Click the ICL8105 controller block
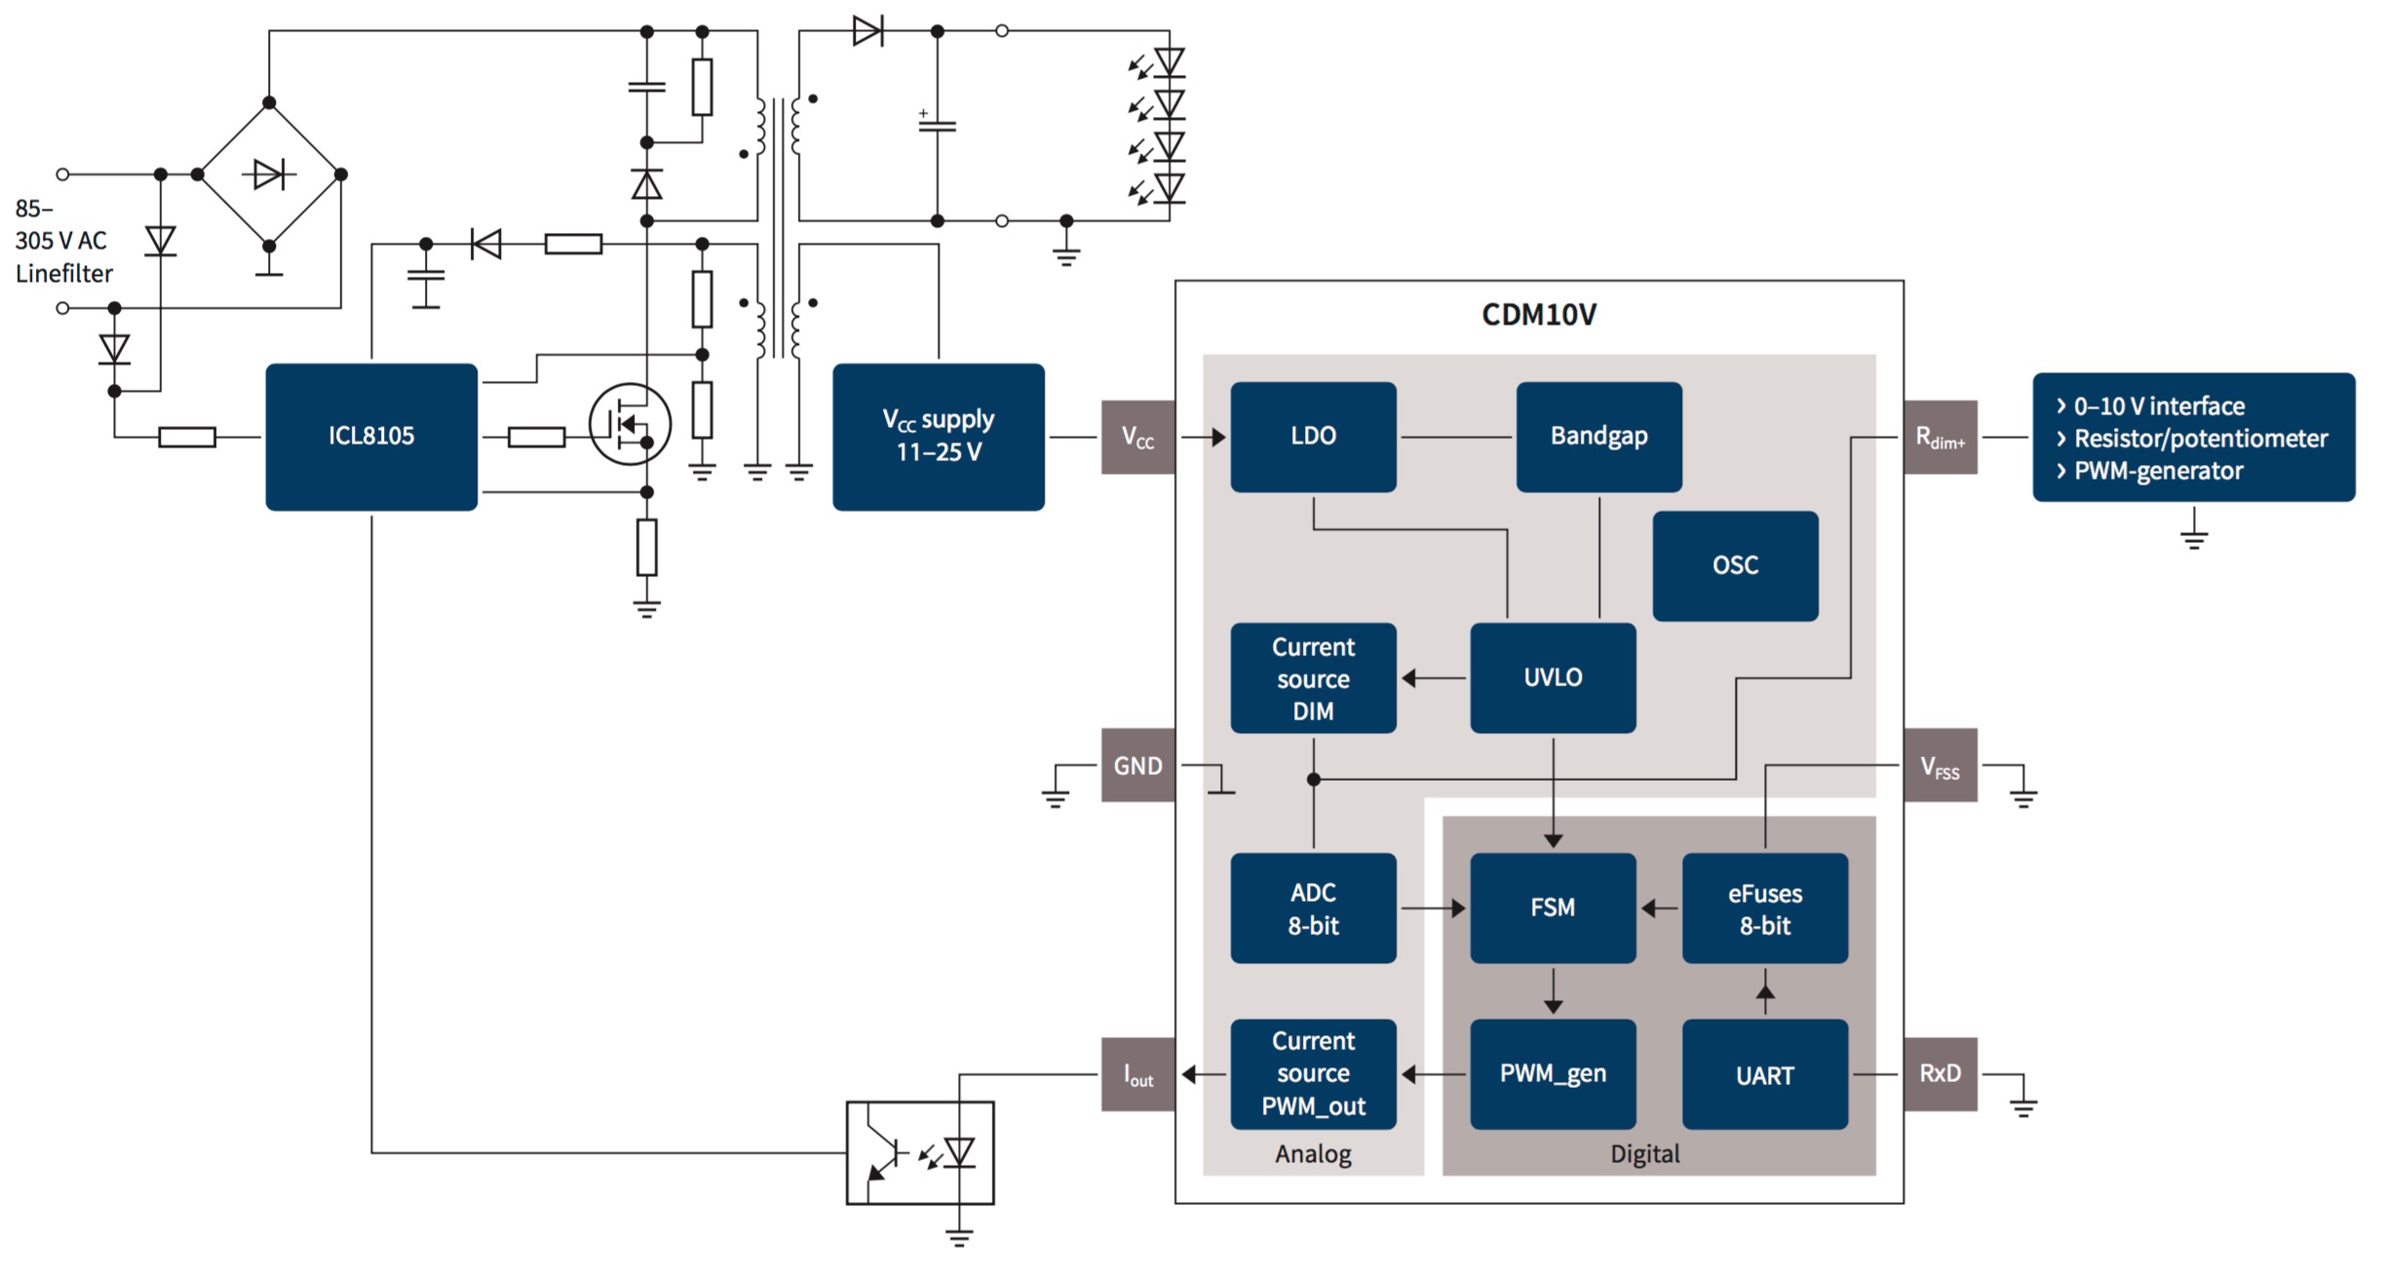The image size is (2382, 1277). pyautogui.click(x=371, y=437)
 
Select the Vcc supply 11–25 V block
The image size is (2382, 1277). pyautogui.click(x=938, y=437)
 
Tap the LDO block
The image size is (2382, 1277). pyautogui.click(x=1313, y=437)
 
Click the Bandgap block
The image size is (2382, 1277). pyautogui.click(x=1598, y=437)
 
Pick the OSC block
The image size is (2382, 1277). pyautogui.click(x=1735, y=565)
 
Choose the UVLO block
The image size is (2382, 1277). pyautogui.click(x=1553, y=677)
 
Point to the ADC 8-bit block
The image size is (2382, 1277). pyautogui.click(x=1313, y=909)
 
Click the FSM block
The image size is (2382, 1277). pyautogui.click(x=1553, y=909)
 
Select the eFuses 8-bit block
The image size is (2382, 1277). pyautogui.click(x=1764, y=909)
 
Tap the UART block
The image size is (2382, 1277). pyautogui.click(x=1764, y=1075)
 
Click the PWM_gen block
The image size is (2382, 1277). pyautogui.click(x=1553, y=1074)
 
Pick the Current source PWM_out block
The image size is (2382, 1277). pyautogui.click(x=1313, y=1074)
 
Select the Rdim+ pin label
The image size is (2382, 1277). pyautogui.click(x=1940, y=438)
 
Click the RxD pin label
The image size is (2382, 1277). pyautogui.click(x=1940, y=1074)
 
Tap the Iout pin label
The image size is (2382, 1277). pyautogui.click(x=1137, y=1074)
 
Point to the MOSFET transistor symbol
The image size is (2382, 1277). pyautogui.click(x=630, y=424)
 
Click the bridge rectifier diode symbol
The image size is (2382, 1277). pyautogui.click(x=269, y=174)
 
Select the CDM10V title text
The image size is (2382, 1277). pyautogui.click(x=1538, y=315)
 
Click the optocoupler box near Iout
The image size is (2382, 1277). pyautogui.click(x=920, y=1153)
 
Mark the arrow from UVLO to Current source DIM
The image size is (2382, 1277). pyautogui.click(x=1433, y=677)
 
